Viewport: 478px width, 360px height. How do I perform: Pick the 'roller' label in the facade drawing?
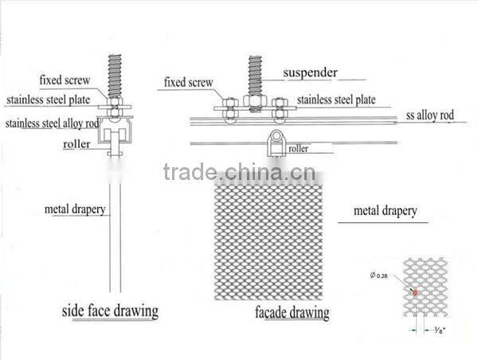pos(298,147)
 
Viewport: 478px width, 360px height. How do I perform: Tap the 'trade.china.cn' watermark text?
pos(240,172)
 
